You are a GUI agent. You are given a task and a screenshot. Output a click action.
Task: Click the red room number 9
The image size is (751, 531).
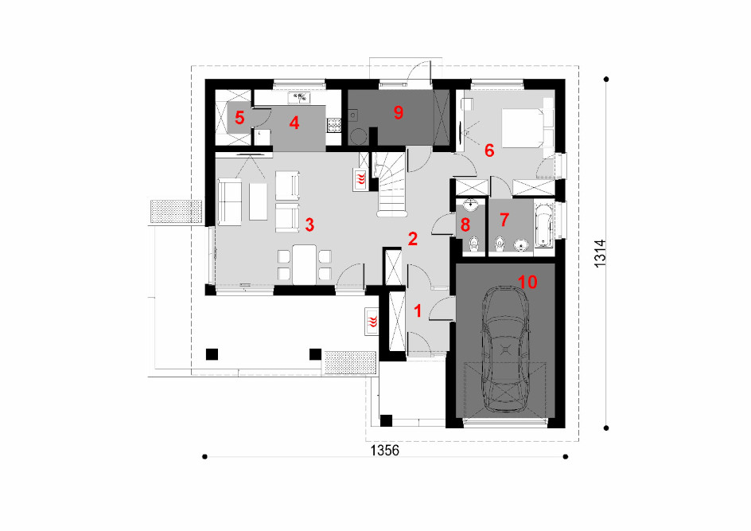pyautogui.click(x=398, y=112)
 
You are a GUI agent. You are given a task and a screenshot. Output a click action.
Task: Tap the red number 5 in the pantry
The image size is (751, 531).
pyautogui.click(x=239, y=117)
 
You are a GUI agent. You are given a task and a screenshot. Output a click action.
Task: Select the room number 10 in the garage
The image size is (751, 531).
pyautogui.click(x=527, y=282)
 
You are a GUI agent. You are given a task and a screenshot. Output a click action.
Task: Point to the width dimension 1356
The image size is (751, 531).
pyautogui.click(x=384, y=451)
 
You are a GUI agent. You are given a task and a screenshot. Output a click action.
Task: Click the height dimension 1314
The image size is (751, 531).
pyautogui.click(x=600, y=253)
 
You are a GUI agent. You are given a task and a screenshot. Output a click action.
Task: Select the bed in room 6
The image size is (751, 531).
pyautogui.click(x=527, y=128)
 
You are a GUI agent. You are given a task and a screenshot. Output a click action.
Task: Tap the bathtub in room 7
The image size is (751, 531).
pyautogui.click(x=543, y=226)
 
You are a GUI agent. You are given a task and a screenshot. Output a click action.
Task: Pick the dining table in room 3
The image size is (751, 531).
pyautogui.click(x=305, y=264)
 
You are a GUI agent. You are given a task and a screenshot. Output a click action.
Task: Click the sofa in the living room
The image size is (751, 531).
pyautogui.click(x=229, y=201)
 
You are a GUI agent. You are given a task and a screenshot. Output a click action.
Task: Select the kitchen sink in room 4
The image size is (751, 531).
pyautogui.click(x=299, y=98)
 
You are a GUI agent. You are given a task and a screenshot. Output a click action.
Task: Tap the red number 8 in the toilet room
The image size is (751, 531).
pyautogui.click(x=465, y=225)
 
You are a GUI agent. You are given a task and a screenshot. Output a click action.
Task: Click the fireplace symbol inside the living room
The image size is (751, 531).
pyautogui.click(x=360, y=180)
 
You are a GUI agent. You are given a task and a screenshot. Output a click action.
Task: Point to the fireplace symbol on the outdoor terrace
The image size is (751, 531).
pyautogui.click(x=372, y=320)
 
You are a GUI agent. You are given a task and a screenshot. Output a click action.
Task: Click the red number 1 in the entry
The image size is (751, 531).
pyautogui.click(x=418, y=311)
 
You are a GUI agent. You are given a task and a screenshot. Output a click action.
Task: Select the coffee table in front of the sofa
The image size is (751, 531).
pyautogui.click(x=258, y=201)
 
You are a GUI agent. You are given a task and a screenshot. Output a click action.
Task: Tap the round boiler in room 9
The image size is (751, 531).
pyautogui.click(x=357, y=137)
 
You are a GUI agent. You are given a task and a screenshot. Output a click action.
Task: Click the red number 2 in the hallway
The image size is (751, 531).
pyautogui.click(x=412, y=239)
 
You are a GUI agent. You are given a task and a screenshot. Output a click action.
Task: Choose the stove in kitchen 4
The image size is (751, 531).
pyautogui.click(x=334, y=125)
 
